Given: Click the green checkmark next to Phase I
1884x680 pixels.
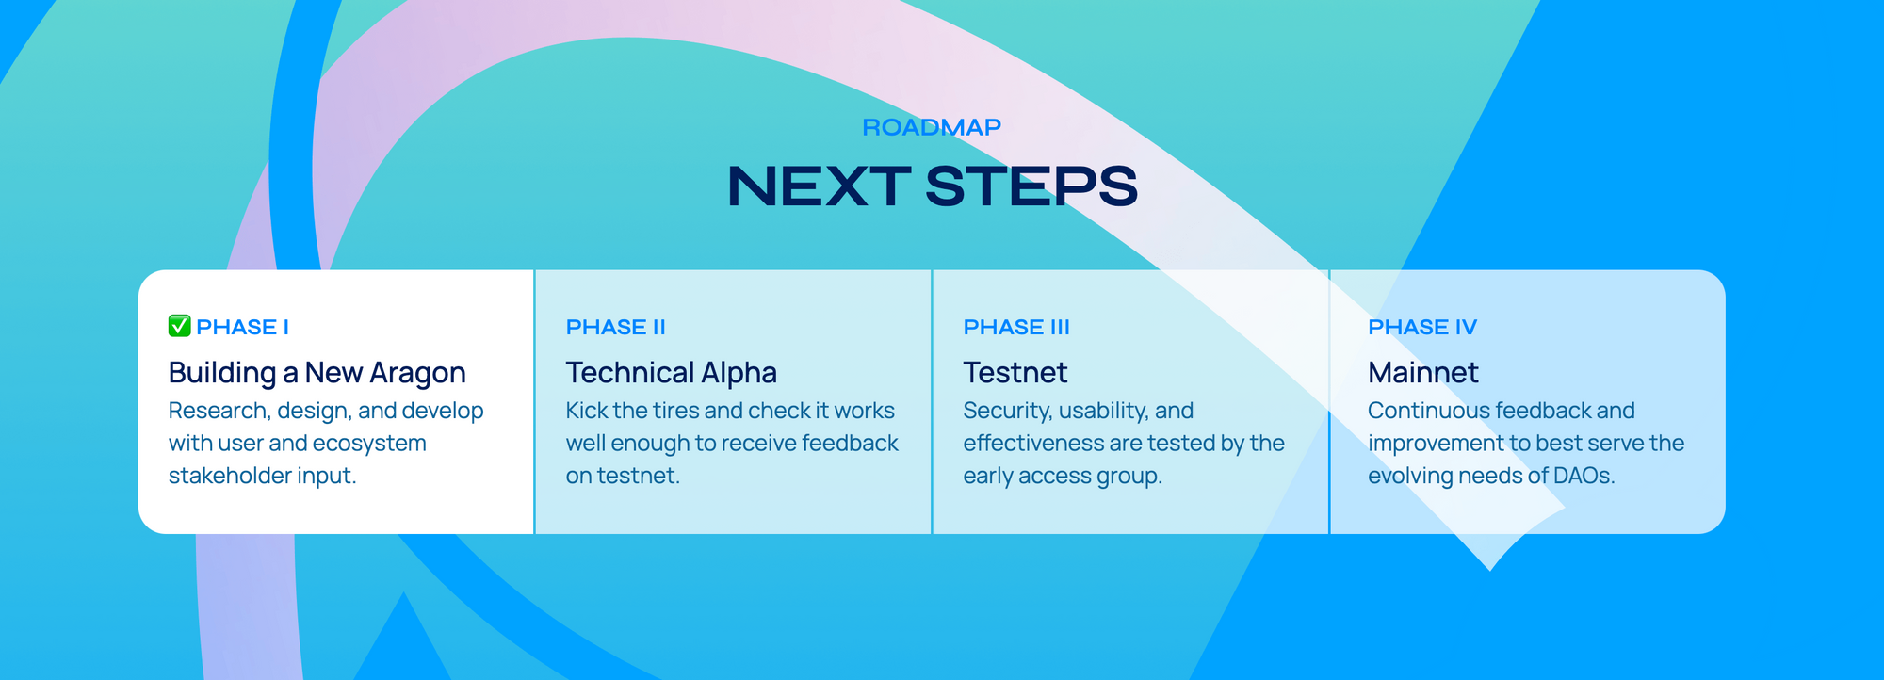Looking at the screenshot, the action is click(180, 326).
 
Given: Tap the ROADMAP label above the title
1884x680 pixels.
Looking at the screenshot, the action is click(932, 127).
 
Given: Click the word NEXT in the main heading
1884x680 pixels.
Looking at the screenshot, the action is click(819, 186).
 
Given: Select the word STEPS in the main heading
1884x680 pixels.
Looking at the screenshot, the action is click(1031, 186).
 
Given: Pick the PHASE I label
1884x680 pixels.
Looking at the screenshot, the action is click(242, 327).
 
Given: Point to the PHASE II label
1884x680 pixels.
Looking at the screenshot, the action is click(615, 327).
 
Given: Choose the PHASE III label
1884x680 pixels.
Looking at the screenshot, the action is click(1016, 327).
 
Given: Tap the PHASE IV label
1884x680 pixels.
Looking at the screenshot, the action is click(1422, 327).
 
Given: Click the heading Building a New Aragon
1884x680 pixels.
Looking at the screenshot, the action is click(317, 373).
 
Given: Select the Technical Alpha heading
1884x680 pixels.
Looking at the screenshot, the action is click(672, 373).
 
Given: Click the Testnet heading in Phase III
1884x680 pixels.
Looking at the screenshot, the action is click(1015, 373).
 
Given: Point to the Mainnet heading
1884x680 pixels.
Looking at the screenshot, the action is click(1423, 373).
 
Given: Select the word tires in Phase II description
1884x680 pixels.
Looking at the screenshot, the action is click(675, 411).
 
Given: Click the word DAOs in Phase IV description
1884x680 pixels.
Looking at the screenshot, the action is click(1584, 476).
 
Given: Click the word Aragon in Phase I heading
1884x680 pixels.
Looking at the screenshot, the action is click(417, 374).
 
